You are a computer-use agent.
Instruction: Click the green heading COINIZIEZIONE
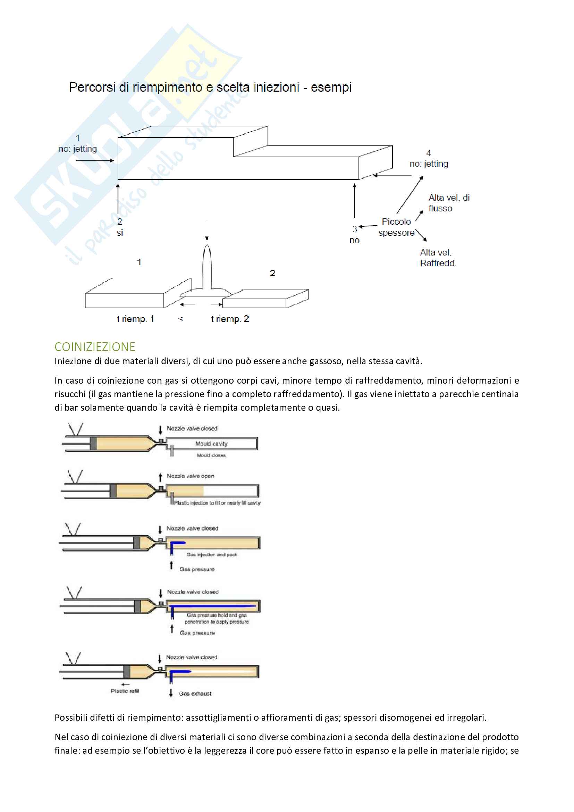[x=95, y=346]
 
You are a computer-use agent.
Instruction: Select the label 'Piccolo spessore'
[x=396, y=227]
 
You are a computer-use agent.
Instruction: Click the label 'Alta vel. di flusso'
[x=448, y=203]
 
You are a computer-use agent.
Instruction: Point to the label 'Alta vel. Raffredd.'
[x=438, y=258]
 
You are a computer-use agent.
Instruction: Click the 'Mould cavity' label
[x=211, y=443]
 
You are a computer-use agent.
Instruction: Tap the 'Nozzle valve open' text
[x=191, y=476]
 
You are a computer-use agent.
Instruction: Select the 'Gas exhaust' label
[x=195, y=694]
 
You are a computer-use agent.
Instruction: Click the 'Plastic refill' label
[x=125, y=691]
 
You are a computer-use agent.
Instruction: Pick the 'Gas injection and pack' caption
[x=212, y=554]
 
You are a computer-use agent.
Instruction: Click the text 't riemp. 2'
[x=230, y=319]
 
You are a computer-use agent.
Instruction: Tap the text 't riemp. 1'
[x=135, y=319]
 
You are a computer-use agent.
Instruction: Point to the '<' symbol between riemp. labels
[x=180, y=319]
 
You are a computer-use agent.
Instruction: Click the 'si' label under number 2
[x=120, y=233]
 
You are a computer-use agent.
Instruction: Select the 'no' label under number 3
[x=354, y=240]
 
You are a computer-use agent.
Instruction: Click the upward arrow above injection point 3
[x=354, y=200]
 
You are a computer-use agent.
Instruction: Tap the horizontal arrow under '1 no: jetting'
[x=95, y=161]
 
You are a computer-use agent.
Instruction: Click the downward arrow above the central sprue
[x=207, y=231]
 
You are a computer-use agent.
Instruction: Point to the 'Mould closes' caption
[x=211, y=455]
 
